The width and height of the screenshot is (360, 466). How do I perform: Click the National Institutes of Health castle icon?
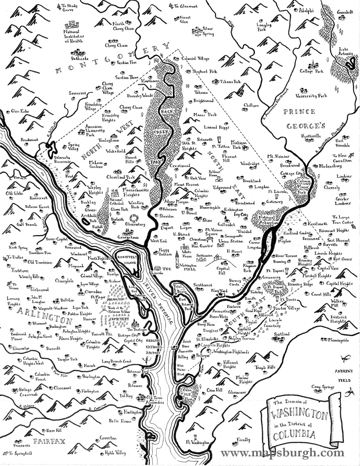pyautogui.click(x=72, y=25)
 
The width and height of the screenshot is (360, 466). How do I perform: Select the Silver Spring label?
pyautogui.click(x=208, y=31)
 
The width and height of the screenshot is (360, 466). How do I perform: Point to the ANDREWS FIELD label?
pyautogui.click(x=343, y=376)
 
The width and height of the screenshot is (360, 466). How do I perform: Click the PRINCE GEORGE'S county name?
pyautogui.click(x=301, y=118)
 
